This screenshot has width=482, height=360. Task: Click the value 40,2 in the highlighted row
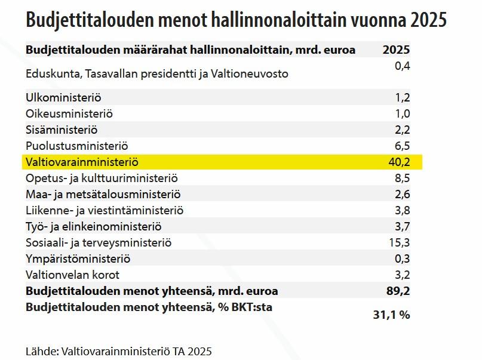pyautogui.click(x=398, y=162)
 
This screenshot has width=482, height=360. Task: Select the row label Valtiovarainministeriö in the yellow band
pyautogui.click(x=82, y=162)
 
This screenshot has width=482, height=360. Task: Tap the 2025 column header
pyautogui.click(x=396, y=50)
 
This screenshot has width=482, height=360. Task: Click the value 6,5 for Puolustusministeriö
pyautogui.click(x=402, y=146)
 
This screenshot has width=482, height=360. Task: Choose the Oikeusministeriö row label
pyautogui.click(x=69, y=113)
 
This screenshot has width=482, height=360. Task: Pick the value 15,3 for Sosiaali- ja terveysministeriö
pyautogui.click(x=398, y=243)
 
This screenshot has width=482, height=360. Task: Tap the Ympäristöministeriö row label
pyautogui.click(x=78, y=259)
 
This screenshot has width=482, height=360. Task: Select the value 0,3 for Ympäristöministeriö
pyautogui.click(x=402, y=259)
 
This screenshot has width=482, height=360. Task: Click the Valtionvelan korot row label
pyautogui.click(x=73, y=275)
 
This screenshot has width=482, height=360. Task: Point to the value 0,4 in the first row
pyautogui.click(x=403, y=66)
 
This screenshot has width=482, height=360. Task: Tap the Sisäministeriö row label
pyautogui.click(x=62, y=130)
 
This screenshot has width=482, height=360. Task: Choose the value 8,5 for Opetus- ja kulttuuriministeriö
pyautogui.click(x=402, y=178)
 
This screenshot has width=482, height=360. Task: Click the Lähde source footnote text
pyautogui.click(x=119, y=351)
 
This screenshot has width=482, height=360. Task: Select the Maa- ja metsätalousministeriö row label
pyautogui.click(x=103, y=194)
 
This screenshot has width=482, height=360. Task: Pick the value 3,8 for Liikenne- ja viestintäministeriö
pyautogui.click(x=402, y=210)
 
